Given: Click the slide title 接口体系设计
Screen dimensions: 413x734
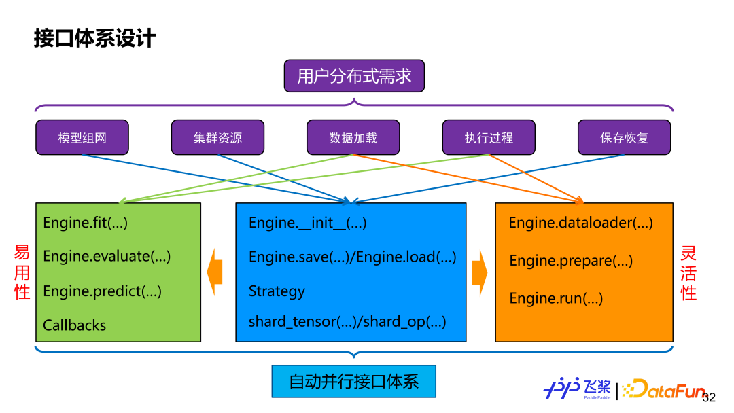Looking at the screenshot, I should [94, 38].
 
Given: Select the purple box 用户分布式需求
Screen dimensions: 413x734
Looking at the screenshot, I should [354, 75].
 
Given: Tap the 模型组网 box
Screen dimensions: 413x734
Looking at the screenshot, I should [82, 138].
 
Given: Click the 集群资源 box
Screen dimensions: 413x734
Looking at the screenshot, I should [217, 138].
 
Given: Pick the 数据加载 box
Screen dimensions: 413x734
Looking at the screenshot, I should [353, 138].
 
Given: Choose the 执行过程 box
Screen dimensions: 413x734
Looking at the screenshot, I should [489, 138].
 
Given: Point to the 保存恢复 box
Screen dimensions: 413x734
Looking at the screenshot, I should [624, 138].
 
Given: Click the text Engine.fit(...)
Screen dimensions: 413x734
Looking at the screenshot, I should [85, 222].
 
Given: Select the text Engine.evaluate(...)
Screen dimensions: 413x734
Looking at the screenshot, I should [107, 256].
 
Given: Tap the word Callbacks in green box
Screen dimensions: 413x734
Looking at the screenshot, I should [75, 325].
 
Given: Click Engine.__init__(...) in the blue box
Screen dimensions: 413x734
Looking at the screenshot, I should [307, 222].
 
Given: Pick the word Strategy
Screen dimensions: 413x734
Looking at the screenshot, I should [277, 291].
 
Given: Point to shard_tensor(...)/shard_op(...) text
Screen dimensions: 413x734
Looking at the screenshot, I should [347, 322].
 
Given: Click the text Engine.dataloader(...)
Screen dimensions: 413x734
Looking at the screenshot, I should [580, 223].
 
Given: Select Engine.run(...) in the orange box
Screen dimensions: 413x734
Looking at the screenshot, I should [556, 298].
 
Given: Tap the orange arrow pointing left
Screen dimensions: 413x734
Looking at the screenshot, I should [215, 272].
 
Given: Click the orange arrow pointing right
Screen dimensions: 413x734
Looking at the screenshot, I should [480, 272].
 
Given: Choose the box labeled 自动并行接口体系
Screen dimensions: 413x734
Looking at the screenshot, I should [353, 382].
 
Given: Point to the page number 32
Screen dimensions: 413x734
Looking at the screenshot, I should [709, 398].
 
